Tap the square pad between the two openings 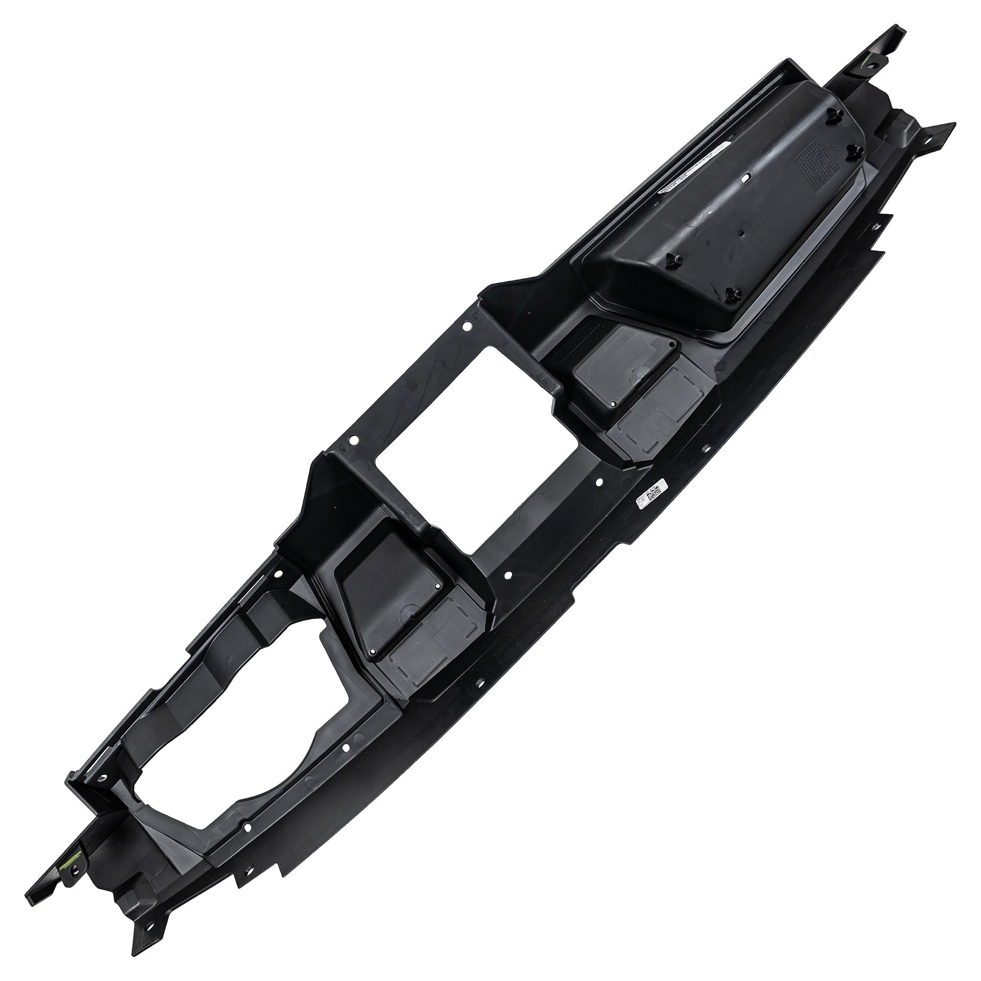(x=391, y=583)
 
